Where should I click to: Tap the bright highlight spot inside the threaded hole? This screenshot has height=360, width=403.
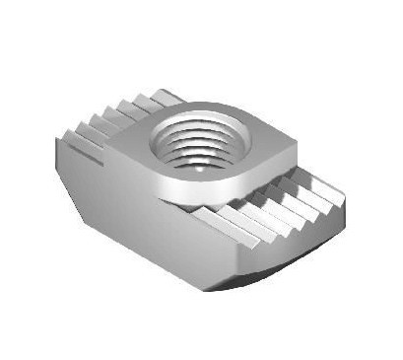click(x=201, y=168)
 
